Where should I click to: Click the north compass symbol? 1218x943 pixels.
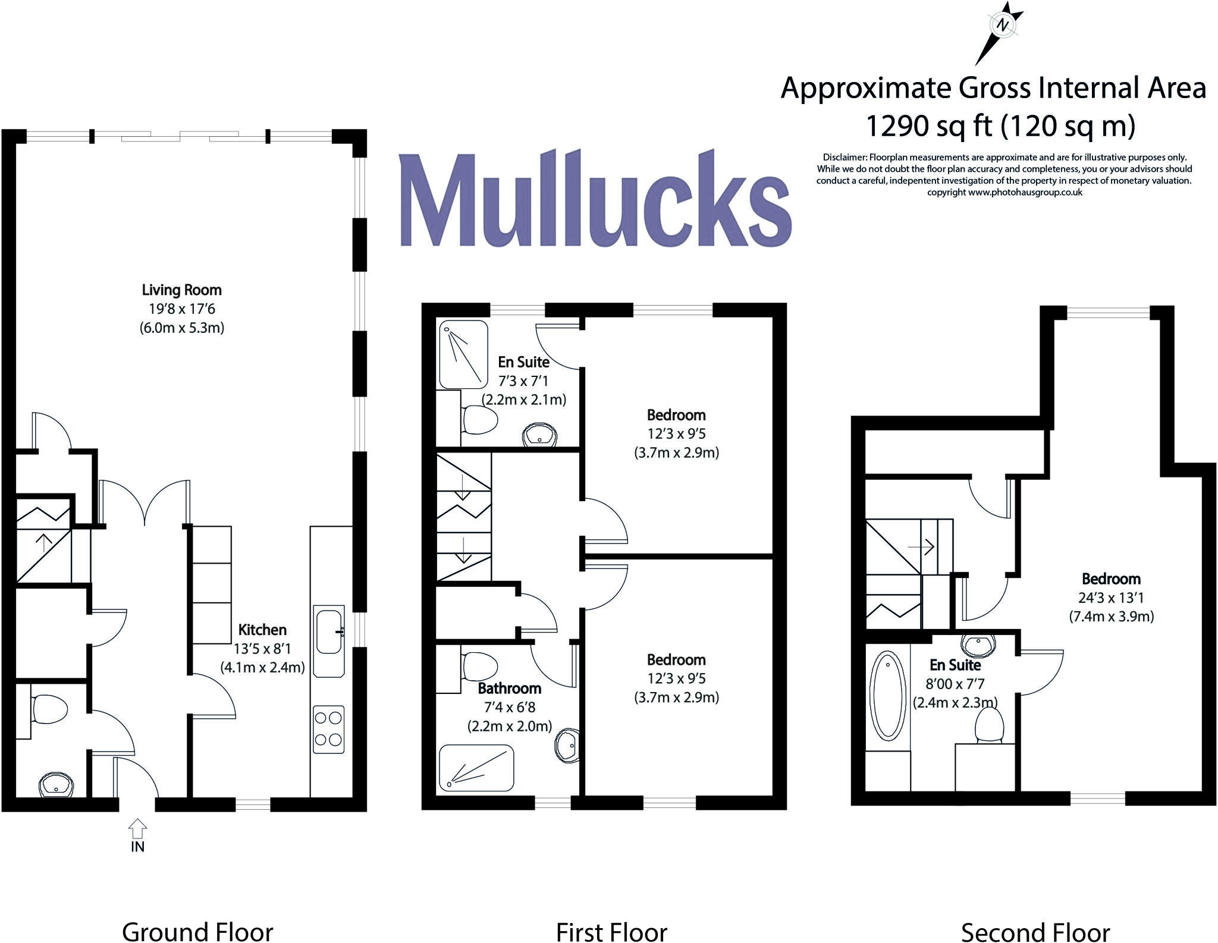[x=1003, y=25]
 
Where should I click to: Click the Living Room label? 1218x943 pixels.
[x=181, y=290]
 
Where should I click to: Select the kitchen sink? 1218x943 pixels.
[x=329, y=631]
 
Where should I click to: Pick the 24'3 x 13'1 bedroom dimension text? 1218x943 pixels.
[x=1111, y=598]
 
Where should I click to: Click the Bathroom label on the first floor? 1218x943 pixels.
[x=509, y=689]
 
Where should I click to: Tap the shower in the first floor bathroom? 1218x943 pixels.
[x=476, y=768]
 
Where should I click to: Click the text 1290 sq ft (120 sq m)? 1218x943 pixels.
[x=1000, y=126]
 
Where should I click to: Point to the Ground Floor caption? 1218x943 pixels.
[x=197, y=932]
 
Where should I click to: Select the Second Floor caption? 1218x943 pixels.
[x=1035, y=932]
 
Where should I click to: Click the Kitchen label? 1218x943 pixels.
[x=262, y=630]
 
